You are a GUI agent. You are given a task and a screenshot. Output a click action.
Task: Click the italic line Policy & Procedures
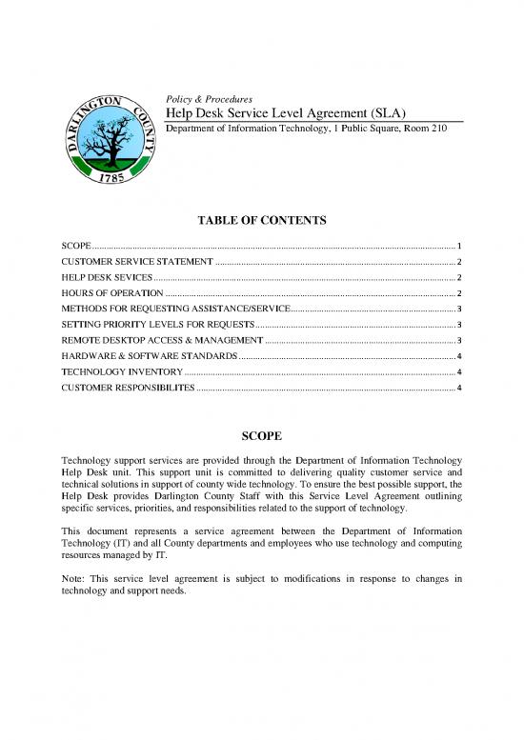pyautogui.click(x=209, y=99)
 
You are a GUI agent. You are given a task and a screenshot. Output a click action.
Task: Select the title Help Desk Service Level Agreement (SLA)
pyautogui.click(x=288, y=115)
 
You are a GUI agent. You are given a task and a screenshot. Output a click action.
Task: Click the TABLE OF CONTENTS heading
pyautogui.click(x=262, y=221)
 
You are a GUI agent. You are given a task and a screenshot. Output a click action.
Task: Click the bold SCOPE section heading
pyautogui.click(x=262, y=436)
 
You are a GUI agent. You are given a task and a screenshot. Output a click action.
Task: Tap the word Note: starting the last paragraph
pyautogui.click(x=74, y=578)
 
